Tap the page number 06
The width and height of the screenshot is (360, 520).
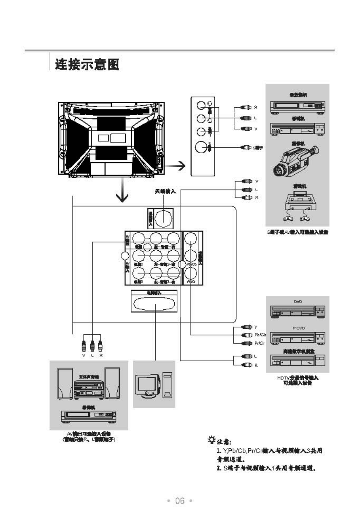point(180,501)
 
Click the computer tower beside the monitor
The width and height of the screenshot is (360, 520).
point(167,385)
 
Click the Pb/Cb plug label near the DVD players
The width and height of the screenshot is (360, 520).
point(260,335)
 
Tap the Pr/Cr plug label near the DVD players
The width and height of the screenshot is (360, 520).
point(260,343)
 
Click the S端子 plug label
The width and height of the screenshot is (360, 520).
point(258,148)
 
